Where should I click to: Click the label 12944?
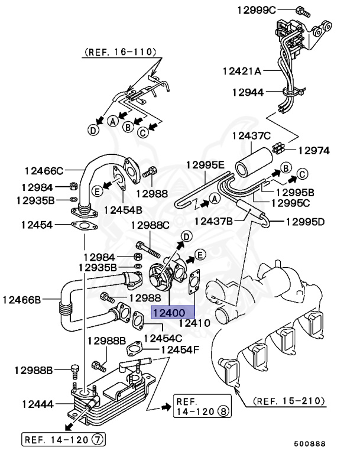point(247,92)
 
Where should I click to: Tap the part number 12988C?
point(150,225)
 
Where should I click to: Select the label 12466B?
point(21,300)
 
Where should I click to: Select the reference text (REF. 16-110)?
point(118,53)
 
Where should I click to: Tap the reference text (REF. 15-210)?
point(290,401)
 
